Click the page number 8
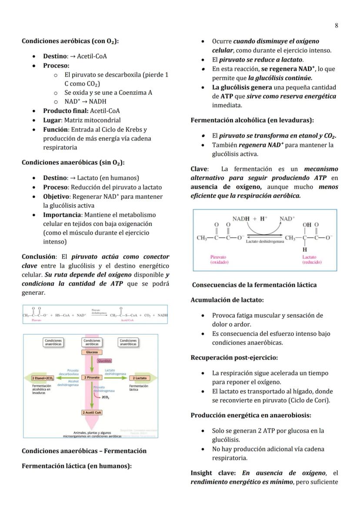(x=336, y=26)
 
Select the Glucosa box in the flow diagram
(x=92, y=352)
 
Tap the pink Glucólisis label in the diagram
(x=104, y=361)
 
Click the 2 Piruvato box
(x=92, y=378)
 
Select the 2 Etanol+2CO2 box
(x=42, y=378)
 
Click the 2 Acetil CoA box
(x=92, y=412)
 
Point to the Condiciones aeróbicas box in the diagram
(x=92, y=343)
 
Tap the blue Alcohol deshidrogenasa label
(x=68, y=383)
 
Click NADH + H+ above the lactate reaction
(x=250, y=219)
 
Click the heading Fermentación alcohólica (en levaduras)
(x=252, y=120)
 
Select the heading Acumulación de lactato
(x=227, y=300)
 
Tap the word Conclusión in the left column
(x=39, y=257)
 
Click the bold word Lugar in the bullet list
(x=51, y=120)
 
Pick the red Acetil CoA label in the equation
(x=127, y=319)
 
